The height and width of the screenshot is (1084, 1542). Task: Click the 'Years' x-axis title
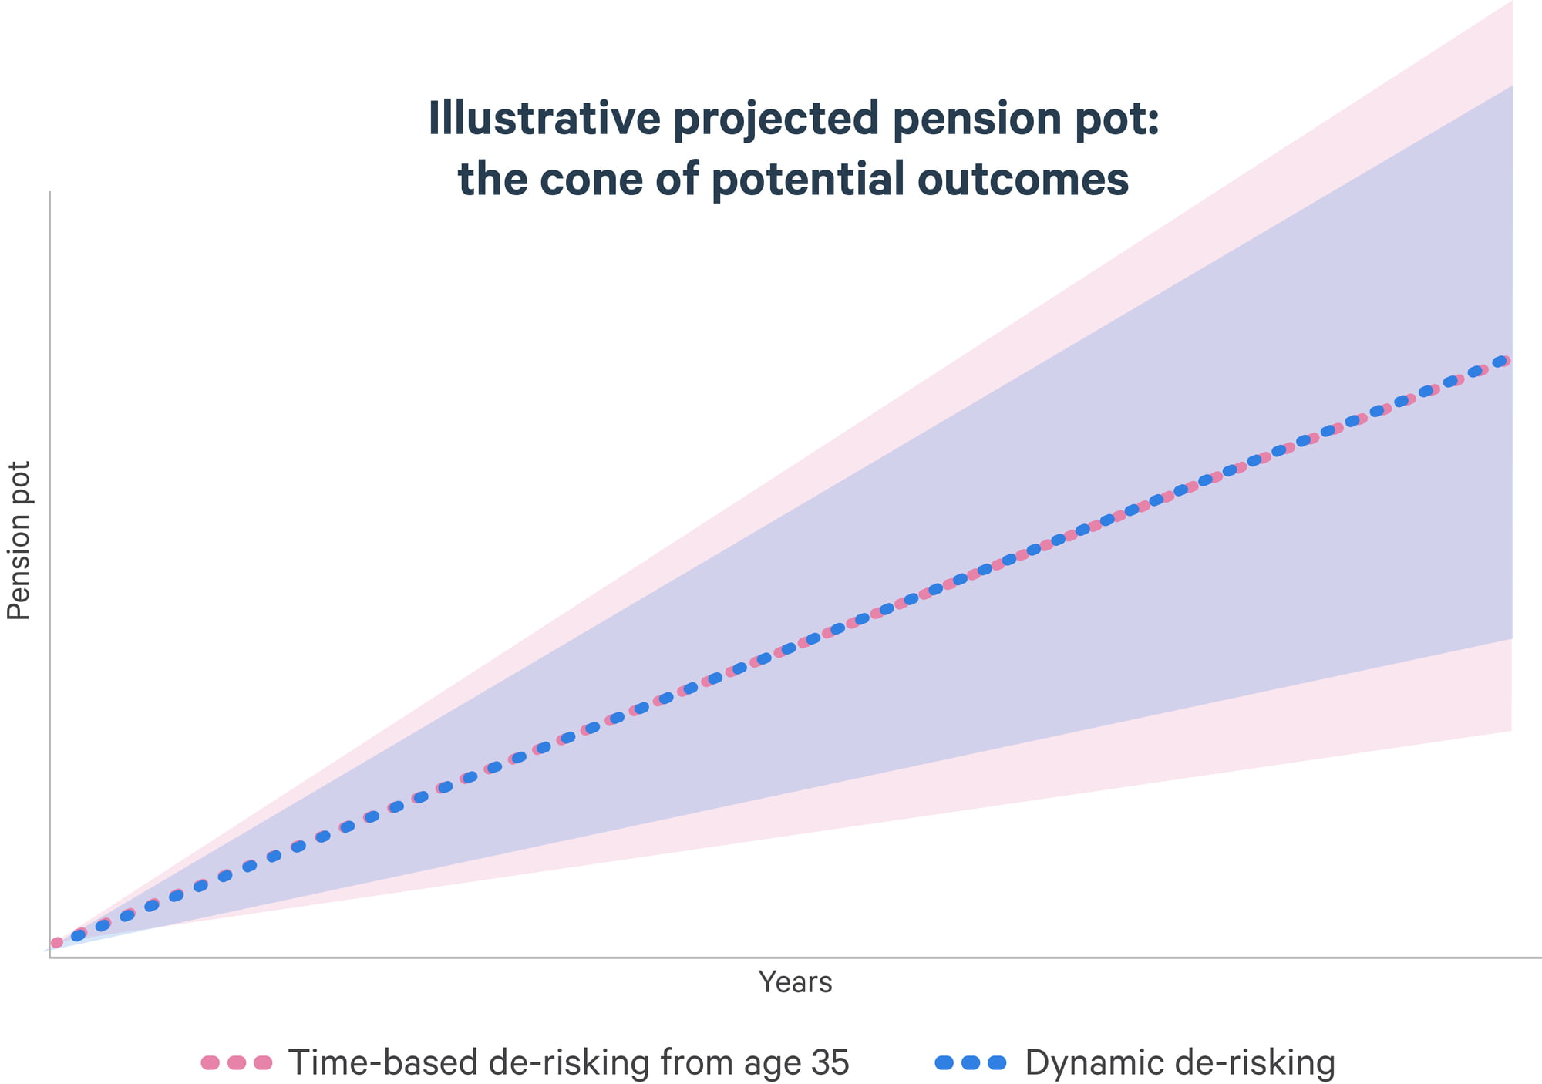click(x=795, y=982)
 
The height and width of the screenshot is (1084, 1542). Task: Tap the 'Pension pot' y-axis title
click(x=19, y=540)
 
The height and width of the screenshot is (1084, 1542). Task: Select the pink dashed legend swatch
click(x=237, y=1062)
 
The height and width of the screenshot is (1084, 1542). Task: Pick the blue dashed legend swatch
click(x=971, y=1062)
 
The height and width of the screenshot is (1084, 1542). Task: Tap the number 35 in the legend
click(x=830, y=1062)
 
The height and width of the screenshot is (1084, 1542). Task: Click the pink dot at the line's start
click(x=56, y=942)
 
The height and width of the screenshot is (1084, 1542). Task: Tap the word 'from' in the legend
click(x=696, y=1062)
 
